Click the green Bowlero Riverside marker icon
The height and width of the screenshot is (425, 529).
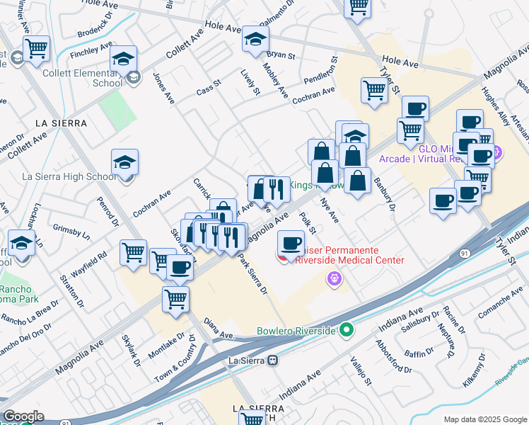[x=346, y=331]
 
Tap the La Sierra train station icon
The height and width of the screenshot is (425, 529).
[x=271, y=360]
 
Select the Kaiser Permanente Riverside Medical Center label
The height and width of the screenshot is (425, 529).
[x=348, y=255]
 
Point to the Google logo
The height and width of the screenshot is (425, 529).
[x=23, y=416]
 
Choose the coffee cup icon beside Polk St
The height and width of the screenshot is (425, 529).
[x=290, y=244]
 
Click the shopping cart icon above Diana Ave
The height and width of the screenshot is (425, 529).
[x=175, y=298]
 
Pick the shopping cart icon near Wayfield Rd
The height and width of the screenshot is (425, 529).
[x=133, y=252]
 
